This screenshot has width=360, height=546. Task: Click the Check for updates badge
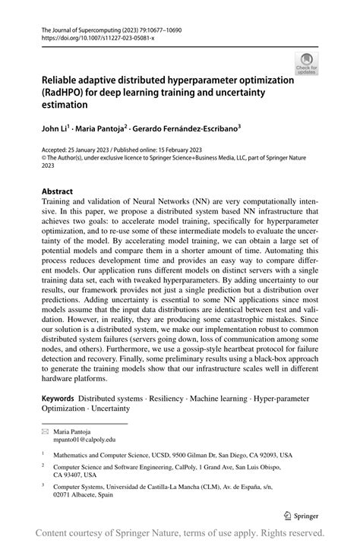coord(306,64)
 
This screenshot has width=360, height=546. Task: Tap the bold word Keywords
coord(58,397)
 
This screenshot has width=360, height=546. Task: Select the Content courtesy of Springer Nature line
coord(180,532)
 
